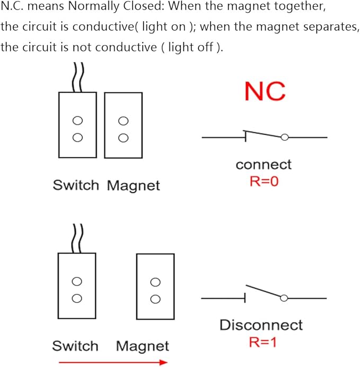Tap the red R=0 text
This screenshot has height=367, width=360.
click(x=264, y=181)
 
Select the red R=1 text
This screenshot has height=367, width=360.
click(x=263, y=342)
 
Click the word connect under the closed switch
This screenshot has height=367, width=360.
click(x=264, y=165)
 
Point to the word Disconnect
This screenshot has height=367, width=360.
click(x=261, y=325)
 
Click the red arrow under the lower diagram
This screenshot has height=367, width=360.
click(x=113, y=362)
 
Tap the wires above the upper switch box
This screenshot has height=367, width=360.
click(x=78, y=77)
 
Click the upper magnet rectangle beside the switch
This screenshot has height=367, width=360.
click(x=123, y=125)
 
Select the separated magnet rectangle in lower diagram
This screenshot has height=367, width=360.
click(x=155, y=287)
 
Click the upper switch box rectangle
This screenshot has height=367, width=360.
click(x=77, y=125)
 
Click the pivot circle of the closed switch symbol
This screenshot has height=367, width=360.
click(x=285, y=138)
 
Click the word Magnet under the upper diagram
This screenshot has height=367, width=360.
click(x=133, y=186)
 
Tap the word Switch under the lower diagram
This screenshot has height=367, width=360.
click(x=75, y=346)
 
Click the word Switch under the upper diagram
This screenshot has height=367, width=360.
click(x=76, y=186)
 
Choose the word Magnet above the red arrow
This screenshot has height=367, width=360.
click(x=143, y=346)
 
